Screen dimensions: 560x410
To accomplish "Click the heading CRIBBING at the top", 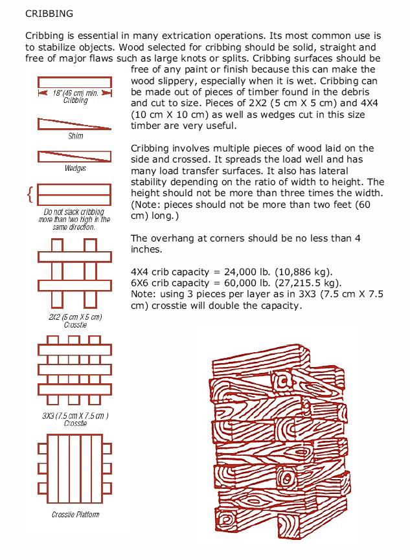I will pyautogui.click(x=49, y=12).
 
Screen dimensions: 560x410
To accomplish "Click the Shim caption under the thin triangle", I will pyautogui.click(x=76, y=137).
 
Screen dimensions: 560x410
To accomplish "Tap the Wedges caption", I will pyautogui.click(x=76, y=168).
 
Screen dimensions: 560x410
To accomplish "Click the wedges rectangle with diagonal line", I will pyautogui.click(x=75, y=156).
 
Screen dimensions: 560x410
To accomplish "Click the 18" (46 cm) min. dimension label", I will pyautogui.click(x=76, y=93).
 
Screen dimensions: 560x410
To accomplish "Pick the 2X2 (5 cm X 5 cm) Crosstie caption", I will pyautogui.click(x=76, y=320).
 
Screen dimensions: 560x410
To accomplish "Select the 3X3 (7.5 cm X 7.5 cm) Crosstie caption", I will pyautogui.click(x=76, y=419).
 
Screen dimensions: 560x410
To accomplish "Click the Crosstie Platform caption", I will pyautogui.click(x=76, y=515).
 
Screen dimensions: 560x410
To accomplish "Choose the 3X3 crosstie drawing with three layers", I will pyautogui.click(x=75, y=369).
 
